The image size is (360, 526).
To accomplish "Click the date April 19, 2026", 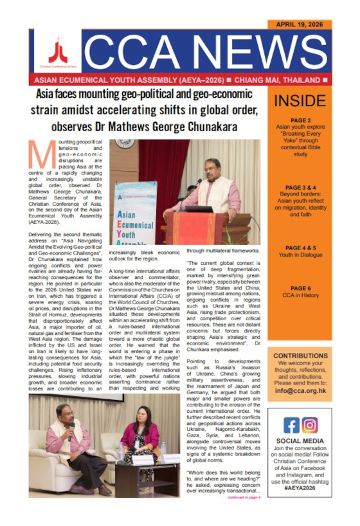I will pos(300,24).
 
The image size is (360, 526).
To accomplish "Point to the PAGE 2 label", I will pos(300,120).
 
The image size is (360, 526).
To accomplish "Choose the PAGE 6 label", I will pos(300,289).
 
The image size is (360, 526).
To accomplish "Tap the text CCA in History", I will pos(300,296).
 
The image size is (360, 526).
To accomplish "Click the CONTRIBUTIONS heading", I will pos(300,356).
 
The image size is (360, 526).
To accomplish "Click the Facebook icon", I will pos(291,426).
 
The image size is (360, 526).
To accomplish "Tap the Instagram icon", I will pos(309,426).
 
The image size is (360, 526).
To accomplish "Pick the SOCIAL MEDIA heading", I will pos(300,442).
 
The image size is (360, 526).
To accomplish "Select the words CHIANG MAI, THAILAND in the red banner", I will pos(278,80).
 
